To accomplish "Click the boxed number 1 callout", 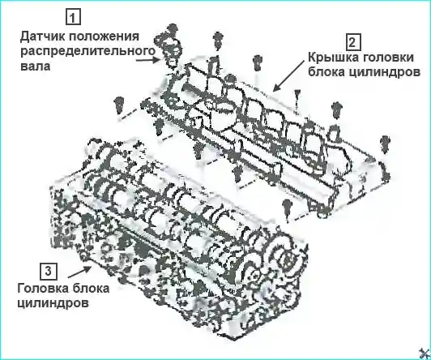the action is (73, 17).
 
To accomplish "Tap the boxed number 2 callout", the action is (352, 42).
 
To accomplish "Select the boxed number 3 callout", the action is (49, 271).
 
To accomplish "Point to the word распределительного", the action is (88, 51).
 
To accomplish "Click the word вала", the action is (36, 66).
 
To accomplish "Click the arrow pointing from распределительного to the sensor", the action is (148, 59).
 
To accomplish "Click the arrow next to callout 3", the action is (79, 272).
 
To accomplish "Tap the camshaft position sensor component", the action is (169, 46).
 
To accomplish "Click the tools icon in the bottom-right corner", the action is (425, 354).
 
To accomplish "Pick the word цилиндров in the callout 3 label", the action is (53, 303).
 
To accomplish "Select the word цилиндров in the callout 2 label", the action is (382, 73).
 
